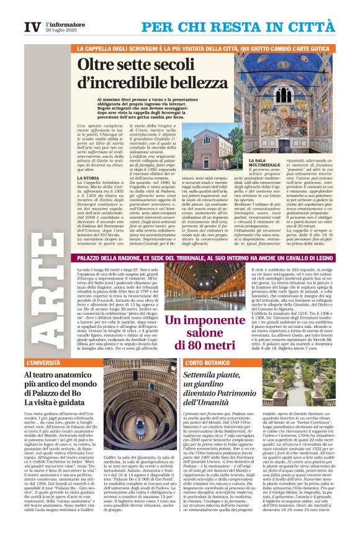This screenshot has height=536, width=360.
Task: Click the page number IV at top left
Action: tap(30, 27)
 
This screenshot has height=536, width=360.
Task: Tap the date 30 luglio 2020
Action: tap(63, 32)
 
